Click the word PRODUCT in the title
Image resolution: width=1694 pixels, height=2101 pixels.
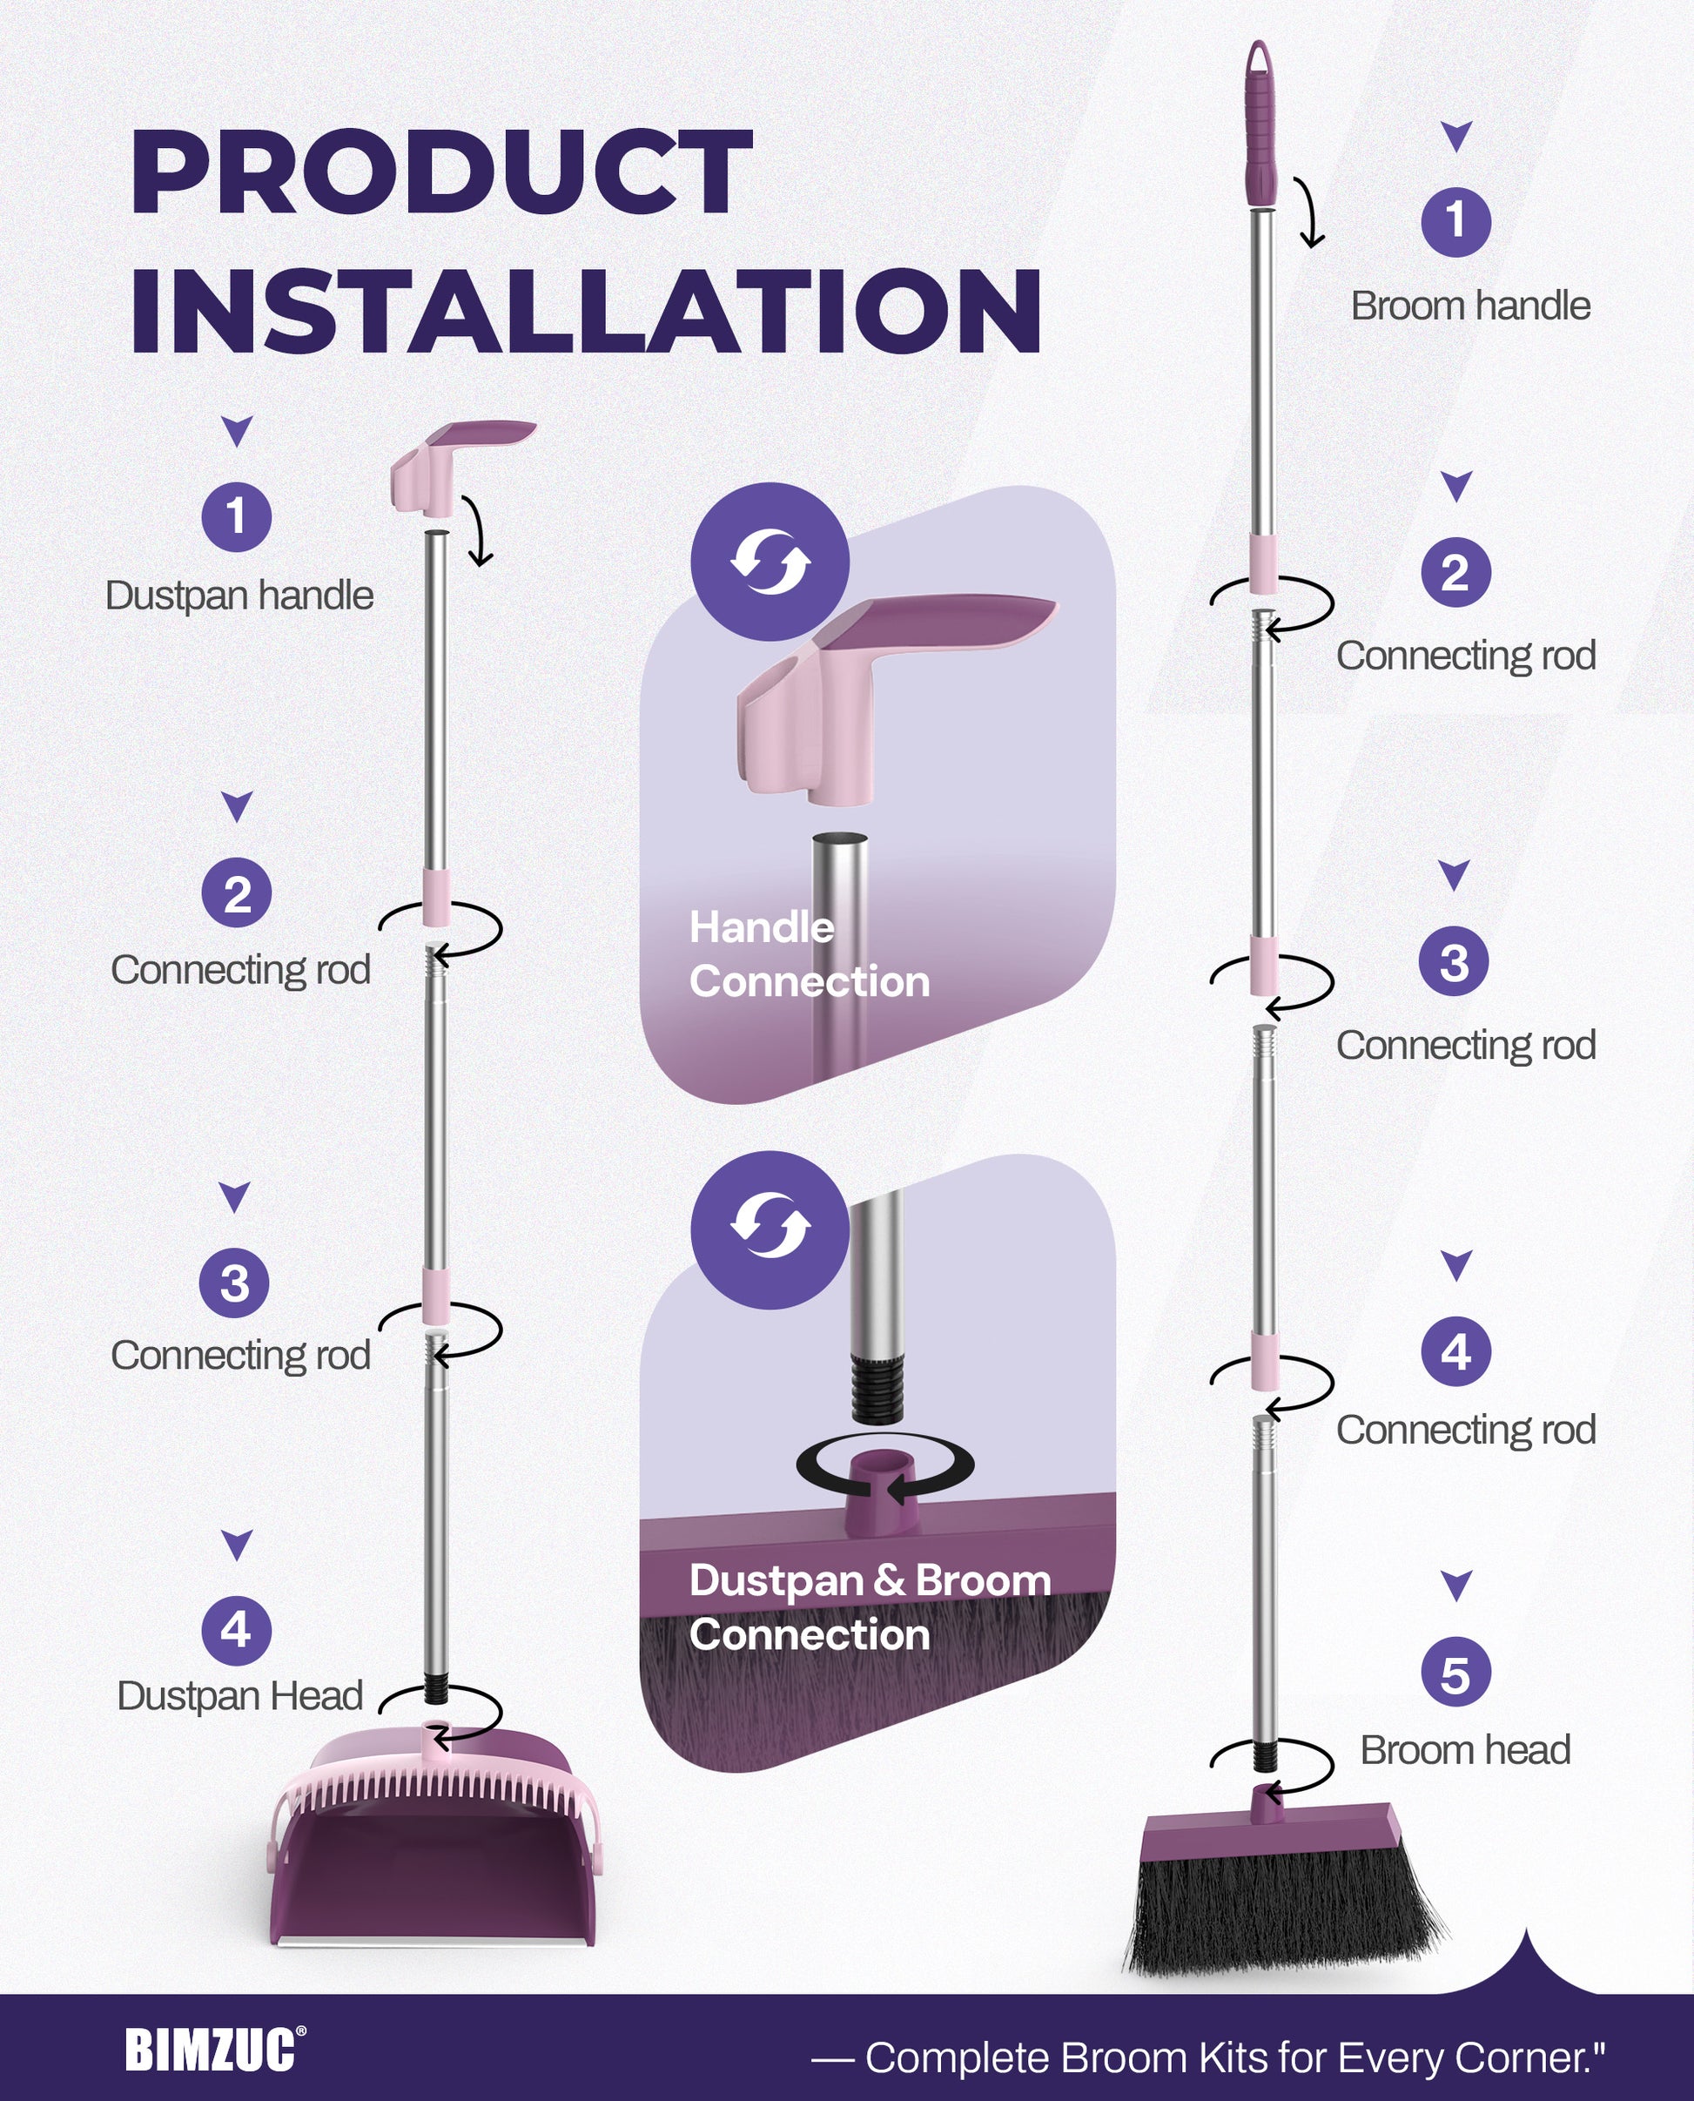coord(441,172)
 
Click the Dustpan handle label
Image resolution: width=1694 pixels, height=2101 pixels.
coord(239,596)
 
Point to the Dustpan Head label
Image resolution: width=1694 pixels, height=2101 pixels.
coord(239,1696)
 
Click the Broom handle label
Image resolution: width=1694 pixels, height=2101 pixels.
coord(1469,306)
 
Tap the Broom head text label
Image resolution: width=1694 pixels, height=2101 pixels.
coord(1465,1750)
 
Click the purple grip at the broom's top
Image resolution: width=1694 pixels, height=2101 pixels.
coord(1260,127)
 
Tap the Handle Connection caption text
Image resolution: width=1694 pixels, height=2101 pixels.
coord(808,954)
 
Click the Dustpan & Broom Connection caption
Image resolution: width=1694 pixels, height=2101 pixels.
coord(869,1607)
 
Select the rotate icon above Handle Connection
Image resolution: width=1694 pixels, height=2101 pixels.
coord(770,562)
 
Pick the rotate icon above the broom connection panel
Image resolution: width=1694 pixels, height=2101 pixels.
coord(770,1229)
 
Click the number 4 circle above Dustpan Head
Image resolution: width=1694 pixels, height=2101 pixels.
coord(236,1630)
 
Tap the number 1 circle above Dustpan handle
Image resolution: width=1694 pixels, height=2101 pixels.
coord(236,516)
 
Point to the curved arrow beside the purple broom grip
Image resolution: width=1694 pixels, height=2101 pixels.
coord(1310,212)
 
